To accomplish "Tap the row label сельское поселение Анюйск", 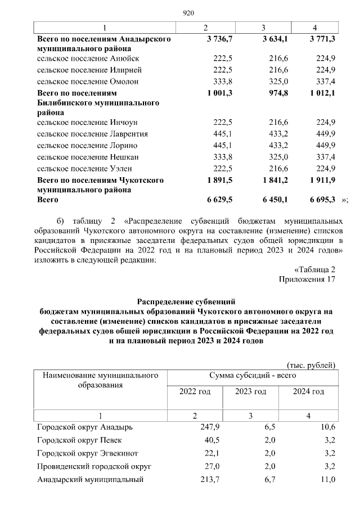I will [88, 58].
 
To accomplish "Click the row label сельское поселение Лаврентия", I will [92, 134].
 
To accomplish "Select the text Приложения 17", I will [307, 279].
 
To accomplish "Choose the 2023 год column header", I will [250, 391].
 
